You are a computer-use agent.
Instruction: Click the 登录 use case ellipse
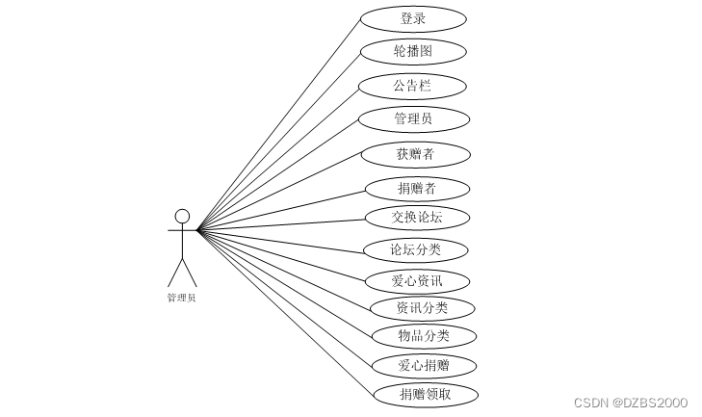pos(413,18)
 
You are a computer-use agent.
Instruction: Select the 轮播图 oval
pos(413,51)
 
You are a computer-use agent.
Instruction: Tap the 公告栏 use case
pos(412,86)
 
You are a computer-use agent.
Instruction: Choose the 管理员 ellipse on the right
pos(413,119)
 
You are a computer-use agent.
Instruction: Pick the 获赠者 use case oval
pos(416,154)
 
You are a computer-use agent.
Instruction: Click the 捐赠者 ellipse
pos(417,188)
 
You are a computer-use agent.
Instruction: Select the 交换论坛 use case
pos(417,217)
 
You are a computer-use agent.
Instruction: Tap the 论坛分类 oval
pos(416,250)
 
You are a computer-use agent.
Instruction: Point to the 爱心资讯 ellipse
pos(417,281)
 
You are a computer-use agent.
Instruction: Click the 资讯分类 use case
pos(423,308)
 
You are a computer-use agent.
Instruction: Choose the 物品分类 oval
pos(424,336)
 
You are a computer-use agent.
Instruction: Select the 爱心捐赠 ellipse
pos(424,366)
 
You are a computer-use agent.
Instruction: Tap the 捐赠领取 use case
pos(425,394)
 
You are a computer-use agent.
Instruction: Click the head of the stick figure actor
pos(182,216)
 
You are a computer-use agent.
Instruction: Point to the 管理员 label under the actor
pos(181,299)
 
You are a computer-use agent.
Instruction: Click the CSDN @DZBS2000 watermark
pos(630,403)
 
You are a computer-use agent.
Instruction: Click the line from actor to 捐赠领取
pos(284,311)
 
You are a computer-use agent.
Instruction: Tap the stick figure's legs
pos(182,272)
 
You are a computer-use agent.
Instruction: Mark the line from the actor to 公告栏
pos(279,157)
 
